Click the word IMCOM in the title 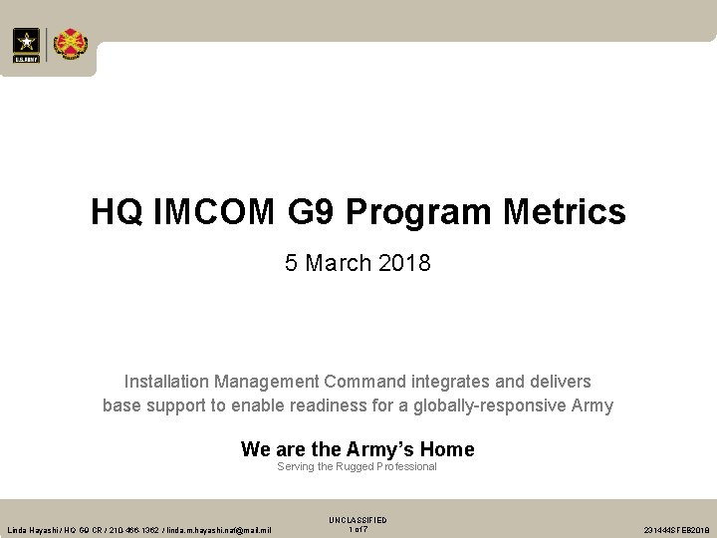click(x=204, y=211)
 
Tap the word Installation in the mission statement click(x=164, y=382)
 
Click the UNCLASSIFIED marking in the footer click(x=358, y=520)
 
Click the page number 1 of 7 click(x=358, y=528)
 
